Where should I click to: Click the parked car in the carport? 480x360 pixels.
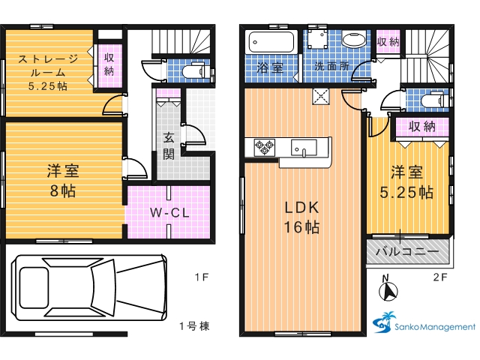(x=89, y=287)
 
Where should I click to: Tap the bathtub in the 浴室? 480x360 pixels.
(x=271, y=42)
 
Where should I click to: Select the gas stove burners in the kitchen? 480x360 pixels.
(x=264, y=147)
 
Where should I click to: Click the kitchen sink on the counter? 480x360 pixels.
(x=304, y=148)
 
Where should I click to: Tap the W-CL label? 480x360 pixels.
(x=170, y=212)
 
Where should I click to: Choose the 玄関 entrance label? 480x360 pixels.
(x=169, y=145)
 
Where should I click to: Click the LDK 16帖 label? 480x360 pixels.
(x=301, y=217)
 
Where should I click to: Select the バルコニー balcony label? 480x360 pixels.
(x=407, y=252)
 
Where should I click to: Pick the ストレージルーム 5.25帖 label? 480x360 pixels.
(x=48, y=72)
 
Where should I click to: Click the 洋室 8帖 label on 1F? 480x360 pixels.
(x=63, y=181)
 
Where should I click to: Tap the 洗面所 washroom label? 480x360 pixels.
(x=332, y=66)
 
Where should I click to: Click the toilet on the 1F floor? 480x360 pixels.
(x=193, y=72)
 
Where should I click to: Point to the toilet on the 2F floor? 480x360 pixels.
(x=432, y=100)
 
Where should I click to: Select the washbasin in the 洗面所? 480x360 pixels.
(x=353, y=40)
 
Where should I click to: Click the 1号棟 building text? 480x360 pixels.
(x=194, y=326)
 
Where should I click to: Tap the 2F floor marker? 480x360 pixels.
(x=440, y=277)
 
